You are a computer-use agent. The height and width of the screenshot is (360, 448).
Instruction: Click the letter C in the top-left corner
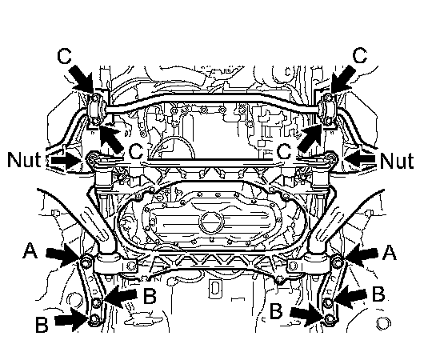point(64,56)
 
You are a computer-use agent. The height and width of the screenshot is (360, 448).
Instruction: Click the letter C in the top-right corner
point(360,55)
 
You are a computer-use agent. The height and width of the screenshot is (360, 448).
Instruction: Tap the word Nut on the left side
point(24,160)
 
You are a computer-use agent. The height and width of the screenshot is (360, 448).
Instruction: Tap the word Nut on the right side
point(397,161)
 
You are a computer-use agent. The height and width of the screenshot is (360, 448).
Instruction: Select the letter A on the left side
point(30,250)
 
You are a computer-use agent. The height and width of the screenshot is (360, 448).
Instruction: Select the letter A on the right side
point(389,253)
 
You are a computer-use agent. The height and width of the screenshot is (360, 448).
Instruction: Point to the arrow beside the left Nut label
point(65,161)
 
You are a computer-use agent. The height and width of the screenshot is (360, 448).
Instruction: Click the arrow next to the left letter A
point(63,254)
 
